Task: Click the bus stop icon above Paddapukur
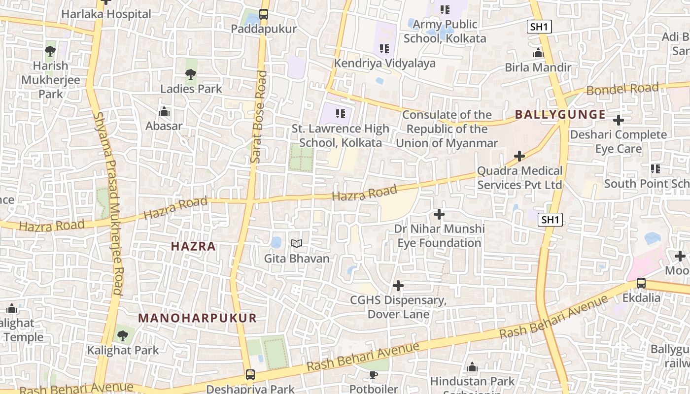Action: [264, 14]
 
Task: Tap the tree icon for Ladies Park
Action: [191, 75]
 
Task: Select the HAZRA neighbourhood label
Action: [193, 246]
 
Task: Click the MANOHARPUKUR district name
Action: [197, 318]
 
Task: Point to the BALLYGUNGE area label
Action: [560, 115]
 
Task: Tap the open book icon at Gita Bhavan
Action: [296, 244]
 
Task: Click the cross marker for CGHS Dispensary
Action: [398, 286]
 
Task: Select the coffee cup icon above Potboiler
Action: [374, 375]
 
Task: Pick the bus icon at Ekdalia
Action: [641, 283]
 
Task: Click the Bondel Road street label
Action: [622, 89]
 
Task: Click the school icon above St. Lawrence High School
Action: [340, 114]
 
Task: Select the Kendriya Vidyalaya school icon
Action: [384, 49]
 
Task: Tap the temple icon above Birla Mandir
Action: [538, 53]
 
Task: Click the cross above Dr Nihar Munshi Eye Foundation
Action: [439, 214]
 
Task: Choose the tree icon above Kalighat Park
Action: [122, 336]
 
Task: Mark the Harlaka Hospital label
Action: [106, 14]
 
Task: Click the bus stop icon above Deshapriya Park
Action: [250, 374]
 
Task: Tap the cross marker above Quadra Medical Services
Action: [519, 156]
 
